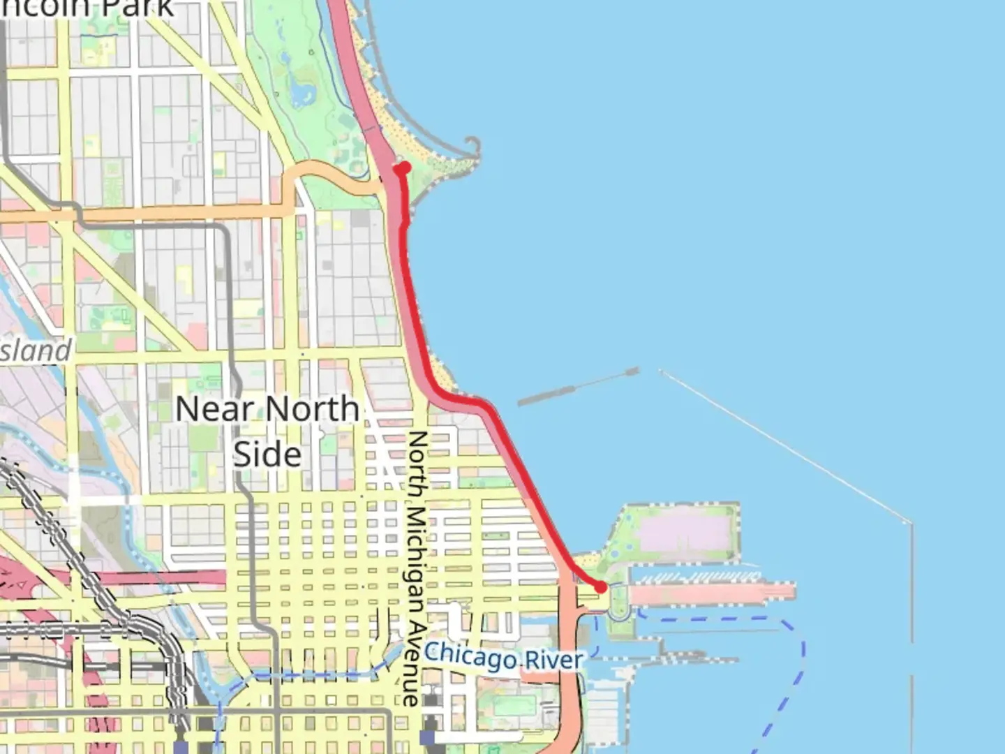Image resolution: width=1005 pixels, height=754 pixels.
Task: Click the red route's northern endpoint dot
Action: [x=403, y=168]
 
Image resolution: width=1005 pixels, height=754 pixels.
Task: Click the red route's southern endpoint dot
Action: [x=600, y=588]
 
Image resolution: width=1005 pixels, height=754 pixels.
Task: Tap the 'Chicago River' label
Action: [x=502, y=657]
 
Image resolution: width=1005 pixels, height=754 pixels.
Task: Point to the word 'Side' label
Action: [x=267, y=454]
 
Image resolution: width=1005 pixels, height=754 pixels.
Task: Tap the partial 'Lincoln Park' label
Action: [x=87, y=8]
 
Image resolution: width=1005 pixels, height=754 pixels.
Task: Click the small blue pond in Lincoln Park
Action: [x=301, y=89]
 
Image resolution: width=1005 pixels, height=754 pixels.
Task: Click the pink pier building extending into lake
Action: [x=712, y=593]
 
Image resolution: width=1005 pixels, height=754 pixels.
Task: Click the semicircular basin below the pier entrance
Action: [x=618, y=612]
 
